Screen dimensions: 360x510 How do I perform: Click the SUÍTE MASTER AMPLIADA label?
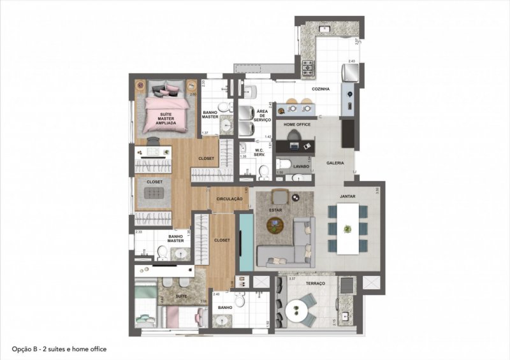click(x=161, y=119)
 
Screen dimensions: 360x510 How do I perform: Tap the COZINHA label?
click(x=321, y=89)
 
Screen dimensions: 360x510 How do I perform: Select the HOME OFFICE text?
click(x=296, y=124)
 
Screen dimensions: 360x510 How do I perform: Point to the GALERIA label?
click(x=335, y=163)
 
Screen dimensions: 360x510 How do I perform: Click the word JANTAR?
click(x=347, y=197)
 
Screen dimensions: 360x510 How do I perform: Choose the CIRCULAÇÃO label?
click(x=230, y=199)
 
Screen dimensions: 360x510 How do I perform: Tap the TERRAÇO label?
click(x=315, y=283)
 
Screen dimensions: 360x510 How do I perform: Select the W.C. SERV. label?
click(x=259, y=153)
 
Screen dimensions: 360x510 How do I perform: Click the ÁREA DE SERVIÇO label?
click(x=263, y=115)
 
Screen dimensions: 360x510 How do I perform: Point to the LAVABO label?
click(x=301, y=166)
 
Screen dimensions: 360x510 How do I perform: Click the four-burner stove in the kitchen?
click(x=308, y=66)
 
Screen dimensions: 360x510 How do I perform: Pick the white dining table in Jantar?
click(x=347, y=229)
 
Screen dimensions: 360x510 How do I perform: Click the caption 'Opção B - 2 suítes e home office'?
click(x=59, y=349)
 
